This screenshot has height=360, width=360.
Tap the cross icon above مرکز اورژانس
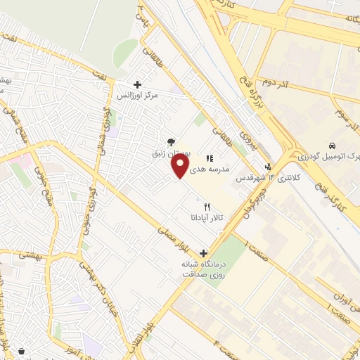tap(137, 84)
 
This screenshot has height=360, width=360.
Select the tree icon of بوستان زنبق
tap(171, 142)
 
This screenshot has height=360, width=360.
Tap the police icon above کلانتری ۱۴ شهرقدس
tap(267, 167)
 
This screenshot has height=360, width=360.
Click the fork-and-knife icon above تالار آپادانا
tap(207, 207)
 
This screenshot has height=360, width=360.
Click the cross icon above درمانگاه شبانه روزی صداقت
tap(204, 253)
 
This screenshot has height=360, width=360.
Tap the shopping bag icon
tap(21, 351)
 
